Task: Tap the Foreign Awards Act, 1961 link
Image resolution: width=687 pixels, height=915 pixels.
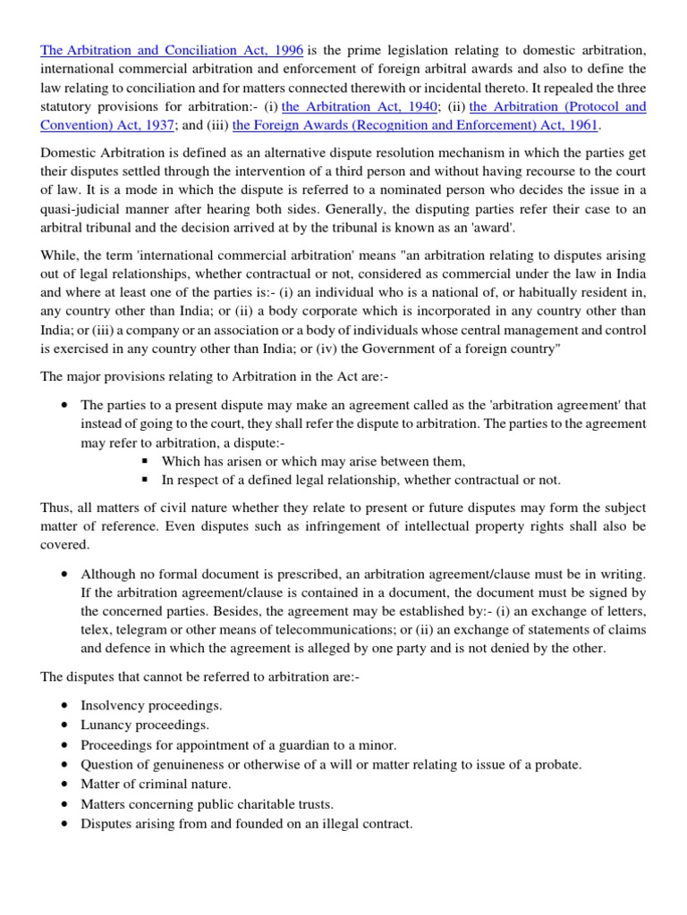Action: pos(415,126)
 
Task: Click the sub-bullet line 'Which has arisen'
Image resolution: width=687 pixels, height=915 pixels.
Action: pos(313,461)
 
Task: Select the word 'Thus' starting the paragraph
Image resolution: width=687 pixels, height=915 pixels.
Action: pos(55,508)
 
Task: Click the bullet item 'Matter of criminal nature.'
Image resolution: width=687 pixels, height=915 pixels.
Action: pos(156,784)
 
